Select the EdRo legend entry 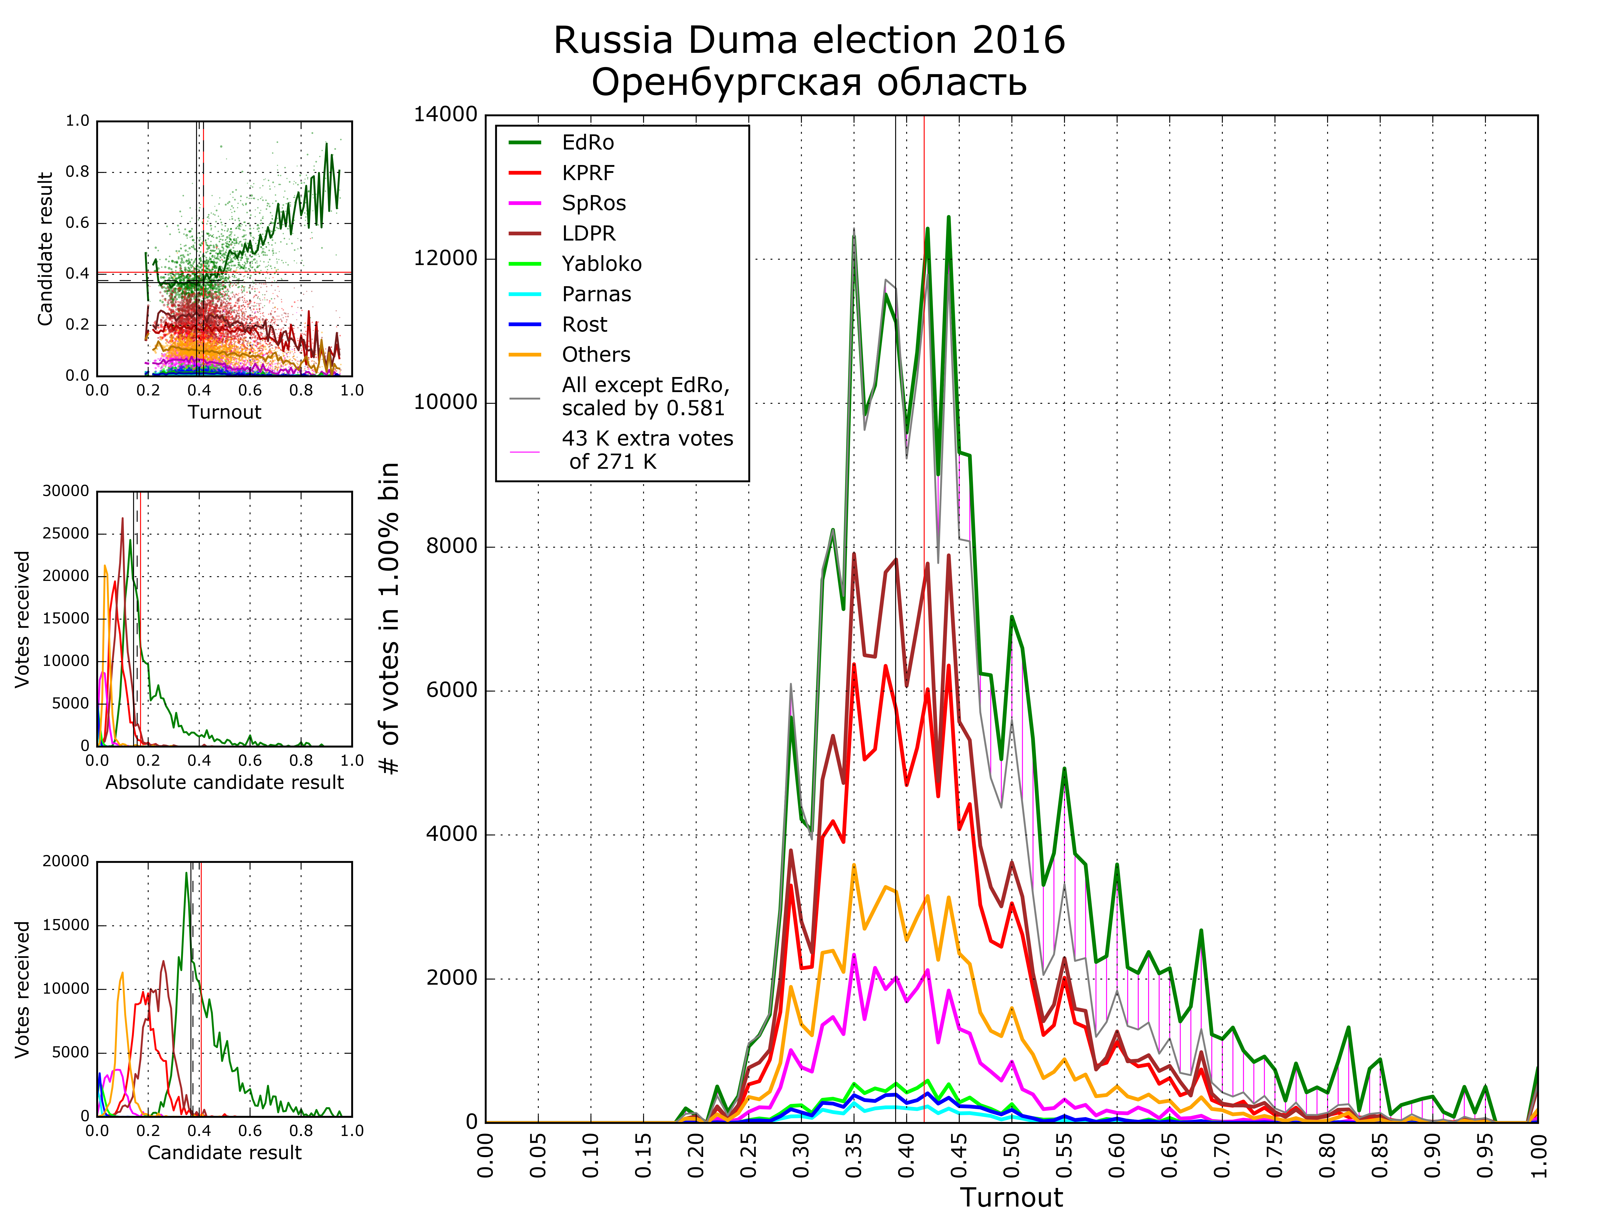(588, 143)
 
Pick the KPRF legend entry (588, 173)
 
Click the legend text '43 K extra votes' (647, 438)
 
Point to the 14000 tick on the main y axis (445, 115)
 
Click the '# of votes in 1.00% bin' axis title (389, 618)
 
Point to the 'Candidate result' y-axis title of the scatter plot (45, 249)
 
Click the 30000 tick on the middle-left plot (66, 491)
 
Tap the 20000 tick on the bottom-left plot (66, 861)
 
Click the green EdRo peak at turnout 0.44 (948, 217)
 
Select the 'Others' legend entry (596, 355)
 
